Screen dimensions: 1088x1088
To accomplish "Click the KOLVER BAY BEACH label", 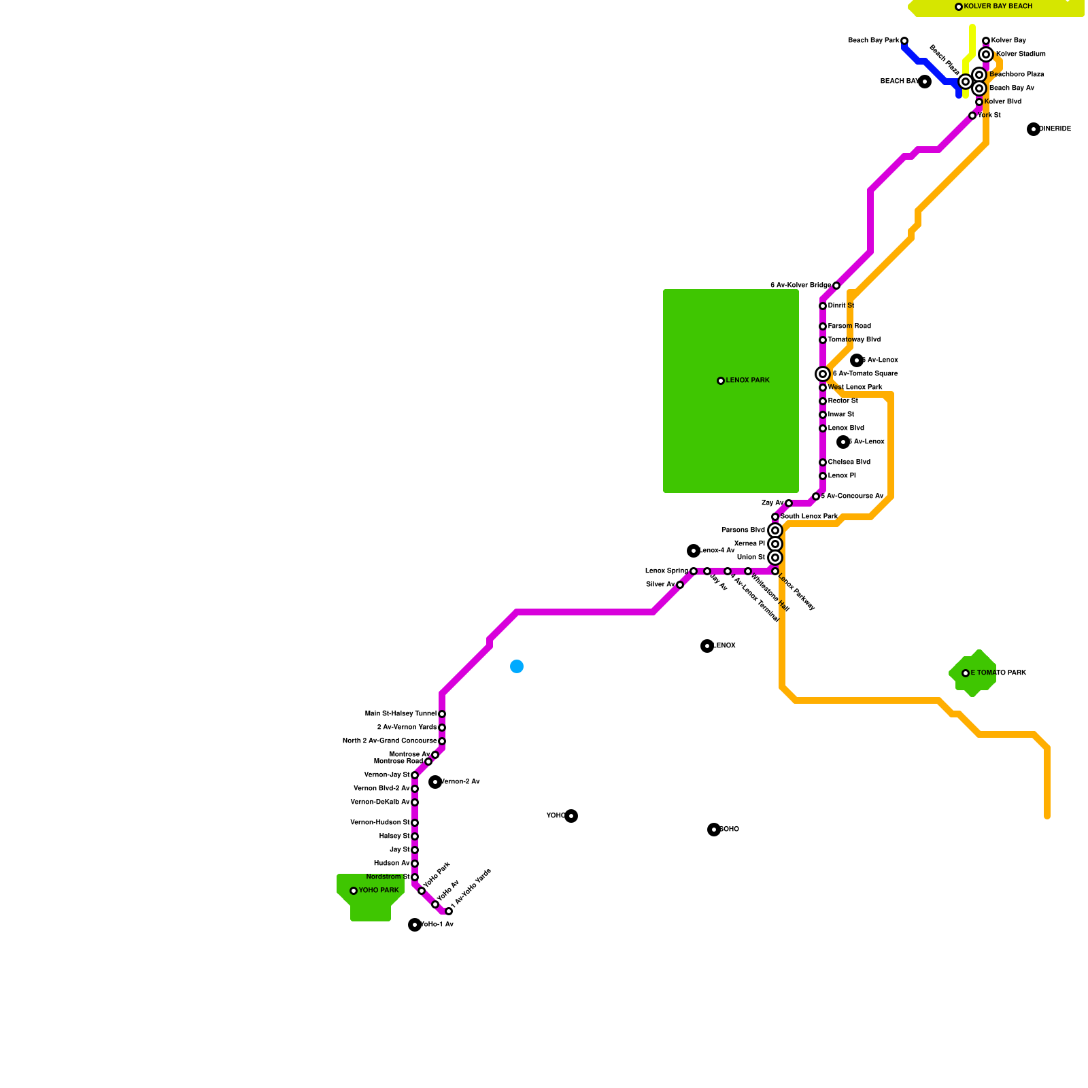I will [998, 7].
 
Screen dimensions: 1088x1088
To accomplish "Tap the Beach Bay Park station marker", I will [904, 41].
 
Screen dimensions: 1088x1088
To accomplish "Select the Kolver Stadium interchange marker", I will [986, 54].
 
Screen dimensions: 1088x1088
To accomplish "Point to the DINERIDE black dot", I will [1034, 129].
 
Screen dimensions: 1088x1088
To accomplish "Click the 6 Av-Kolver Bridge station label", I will [800, 286].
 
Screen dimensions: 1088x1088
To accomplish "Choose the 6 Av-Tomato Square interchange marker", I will [823, 374].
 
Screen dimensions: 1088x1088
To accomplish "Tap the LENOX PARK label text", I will [747, 381].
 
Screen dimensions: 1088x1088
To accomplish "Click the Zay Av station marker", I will [789, 503].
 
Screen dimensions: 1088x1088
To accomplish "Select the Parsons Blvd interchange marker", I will [775, 530].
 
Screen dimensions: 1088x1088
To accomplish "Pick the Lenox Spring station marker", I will [694, 571].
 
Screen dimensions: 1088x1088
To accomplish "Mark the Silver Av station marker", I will [680, 585].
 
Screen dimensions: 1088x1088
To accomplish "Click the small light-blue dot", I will [517, 666].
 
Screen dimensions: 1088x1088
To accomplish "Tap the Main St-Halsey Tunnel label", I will [401, 714].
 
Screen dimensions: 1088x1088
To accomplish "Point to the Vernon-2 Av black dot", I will [435, 782].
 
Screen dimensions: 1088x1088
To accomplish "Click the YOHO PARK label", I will [378, 891].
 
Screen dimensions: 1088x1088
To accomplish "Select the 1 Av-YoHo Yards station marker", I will [449, 911].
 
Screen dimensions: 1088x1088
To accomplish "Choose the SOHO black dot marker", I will [713, 830].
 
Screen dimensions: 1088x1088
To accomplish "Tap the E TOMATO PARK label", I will [998, 673].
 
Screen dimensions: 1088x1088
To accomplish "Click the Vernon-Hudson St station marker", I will [415, 823].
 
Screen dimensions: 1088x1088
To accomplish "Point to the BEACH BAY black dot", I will [925, 82].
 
